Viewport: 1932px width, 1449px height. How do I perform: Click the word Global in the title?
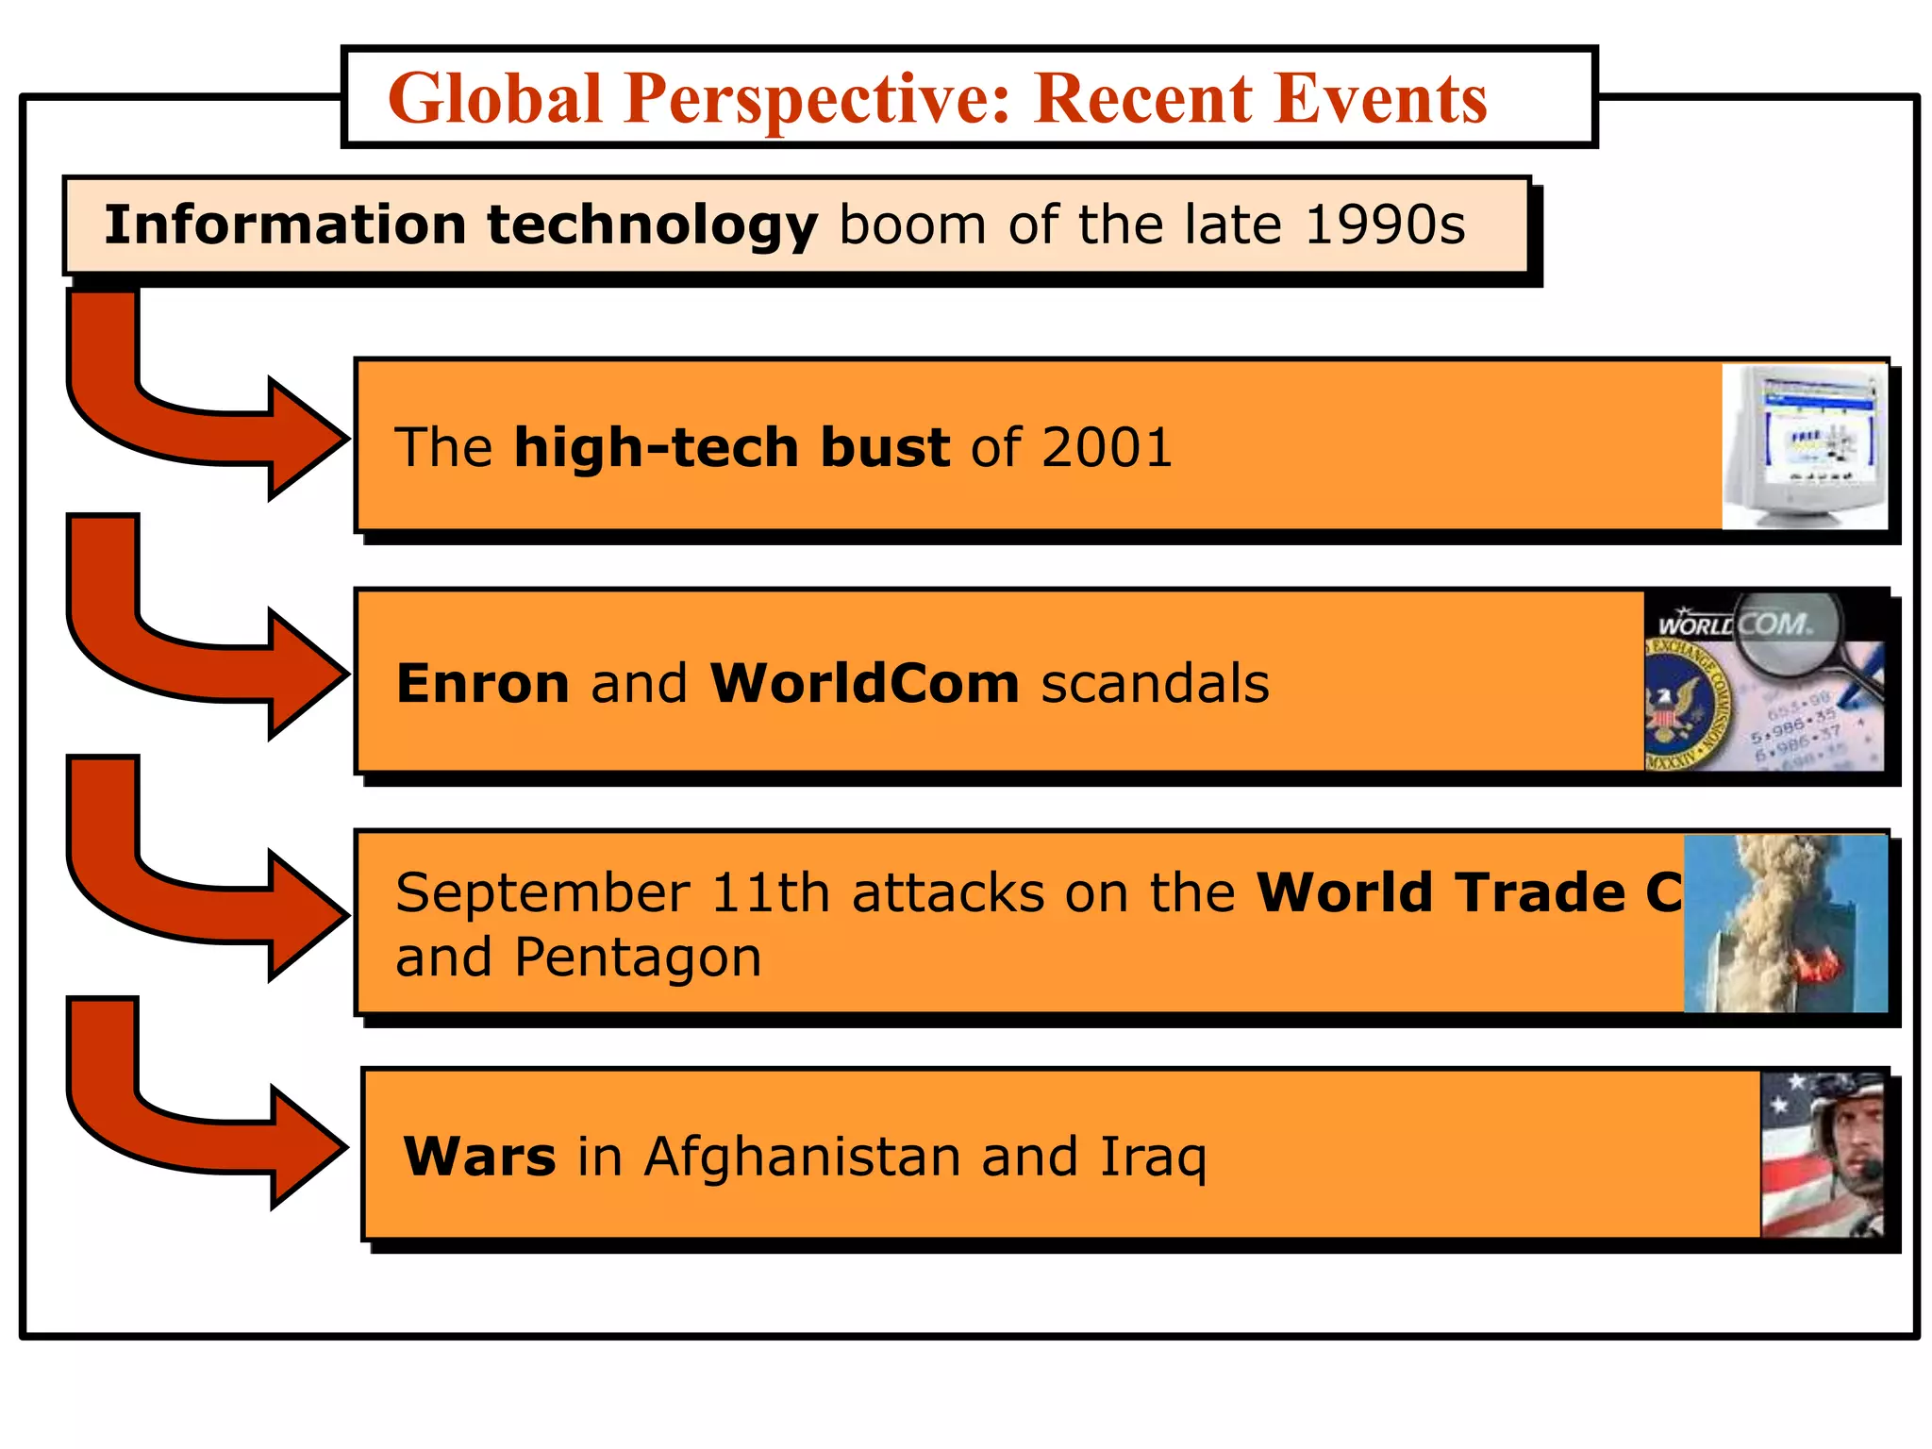tap(494, 99)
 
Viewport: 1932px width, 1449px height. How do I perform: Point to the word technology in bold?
tap(652, 225)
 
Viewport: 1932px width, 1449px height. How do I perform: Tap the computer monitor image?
tap(1804, 446)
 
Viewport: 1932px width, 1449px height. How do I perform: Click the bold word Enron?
tap(482, 683)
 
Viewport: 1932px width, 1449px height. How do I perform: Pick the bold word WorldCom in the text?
tap(864, 683)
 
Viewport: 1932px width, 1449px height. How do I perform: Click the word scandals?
tap(1155, 683)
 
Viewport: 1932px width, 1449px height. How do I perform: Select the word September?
tap(542, 892)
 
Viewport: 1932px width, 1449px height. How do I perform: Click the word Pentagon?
tap(638, 957)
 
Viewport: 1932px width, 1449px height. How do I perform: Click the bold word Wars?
tap(479, 1157)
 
